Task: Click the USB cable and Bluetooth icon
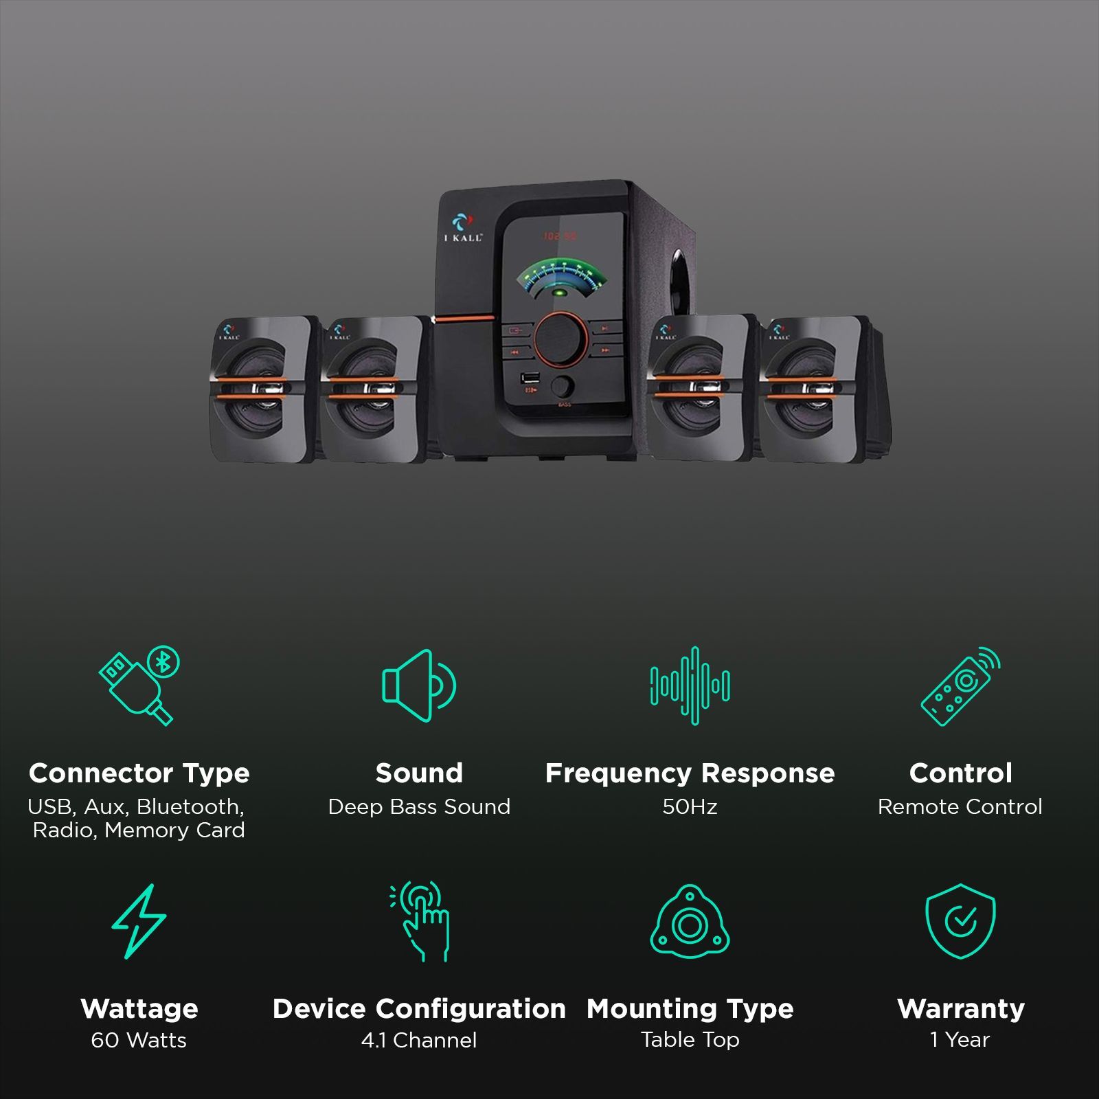(139, 685)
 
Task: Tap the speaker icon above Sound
(418, 686)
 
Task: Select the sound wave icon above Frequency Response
(690, 686)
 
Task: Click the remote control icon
(960, 686)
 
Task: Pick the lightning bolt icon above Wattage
(139, 921)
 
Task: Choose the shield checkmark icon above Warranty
(960, 921)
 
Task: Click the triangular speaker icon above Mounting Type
(690, 922)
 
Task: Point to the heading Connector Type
(139, 773)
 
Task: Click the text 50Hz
(690, 806)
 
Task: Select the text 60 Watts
(139, 1040)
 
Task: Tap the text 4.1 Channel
(419, 1040)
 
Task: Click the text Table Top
(690, 1040)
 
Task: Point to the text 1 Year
(960, 1040)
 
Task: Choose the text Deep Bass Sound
(419, 806)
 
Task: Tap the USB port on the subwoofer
(530, 378)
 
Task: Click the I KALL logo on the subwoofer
(463, 227)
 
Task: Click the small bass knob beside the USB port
(563, 387)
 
